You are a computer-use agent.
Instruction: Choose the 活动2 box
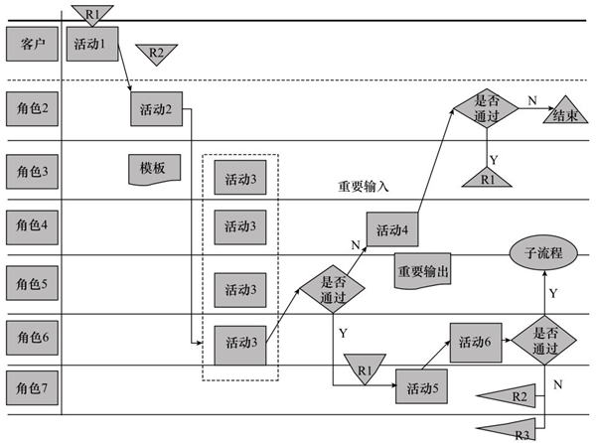pos(156,108)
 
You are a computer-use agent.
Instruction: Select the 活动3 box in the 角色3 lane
pos(240,180)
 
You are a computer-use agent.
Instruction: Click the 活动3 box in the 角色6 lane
pos(240,344)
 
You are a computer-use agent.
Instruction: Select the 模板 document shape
pos(153,168)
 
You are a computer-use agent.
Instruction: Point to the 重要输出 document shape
pos(422,271)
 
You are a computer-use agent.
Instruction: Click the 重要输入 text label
pos(363,186)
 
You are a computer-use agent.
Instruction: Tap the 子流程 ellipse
pos(543,253)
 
